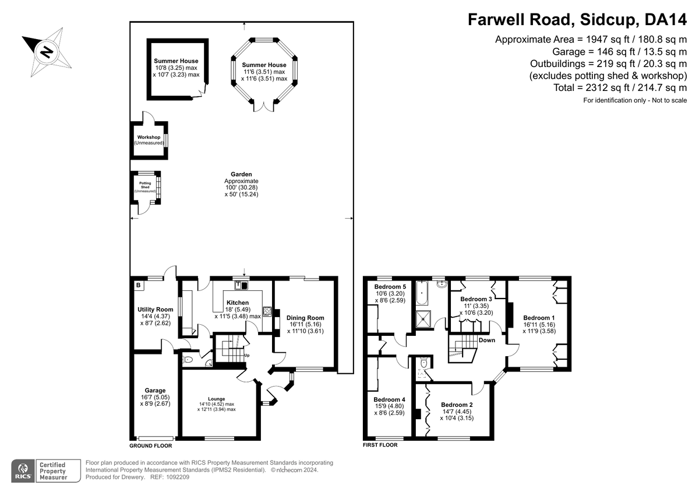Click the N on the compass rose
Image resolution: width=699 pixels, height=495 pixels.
(47, 52)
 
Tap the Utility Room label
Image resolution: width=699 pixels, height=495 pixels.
(156, 310)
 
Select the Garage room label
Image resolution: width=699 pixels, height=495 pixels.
(155, 391)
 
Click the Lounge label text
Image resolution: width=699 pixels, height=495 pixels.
(216, 399)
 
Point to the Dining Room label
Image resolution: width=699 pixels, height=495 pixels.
(305, 318)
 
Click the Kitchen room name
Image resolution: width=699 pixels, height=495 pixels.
(238, 303)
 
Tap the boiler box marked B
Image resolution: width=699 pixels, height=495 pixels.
(139, 285)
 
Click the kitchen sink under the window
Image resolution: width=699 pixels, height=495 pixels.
(241, 285)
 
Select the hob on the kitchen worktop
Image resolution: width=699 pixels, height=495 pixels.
(267, 311)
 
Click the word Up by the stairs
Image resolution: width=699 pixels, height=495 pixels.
(247, 356)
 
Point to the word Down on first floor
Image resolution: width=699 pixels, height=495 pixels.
(487, 340)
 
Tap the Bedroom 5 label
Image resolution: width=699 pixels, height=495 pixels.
(390, 287)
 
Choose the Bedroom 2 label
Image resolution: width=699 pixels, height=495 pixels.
(457, 405)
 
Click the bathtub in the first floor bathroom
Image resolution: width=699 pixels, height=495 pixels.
(422, 293)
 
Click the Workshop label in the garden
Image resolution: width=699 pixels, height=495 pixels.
(149, 137)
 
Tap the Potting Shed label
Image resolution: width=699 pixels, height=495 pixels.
(145, 185)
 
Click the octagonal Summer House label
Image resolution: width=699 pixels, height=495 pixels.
(264, 65)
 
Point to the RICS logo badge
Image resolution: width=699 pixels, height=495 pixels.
(23, 471)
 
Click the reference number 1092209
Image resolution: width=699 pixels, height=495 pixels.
(178, 477)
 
